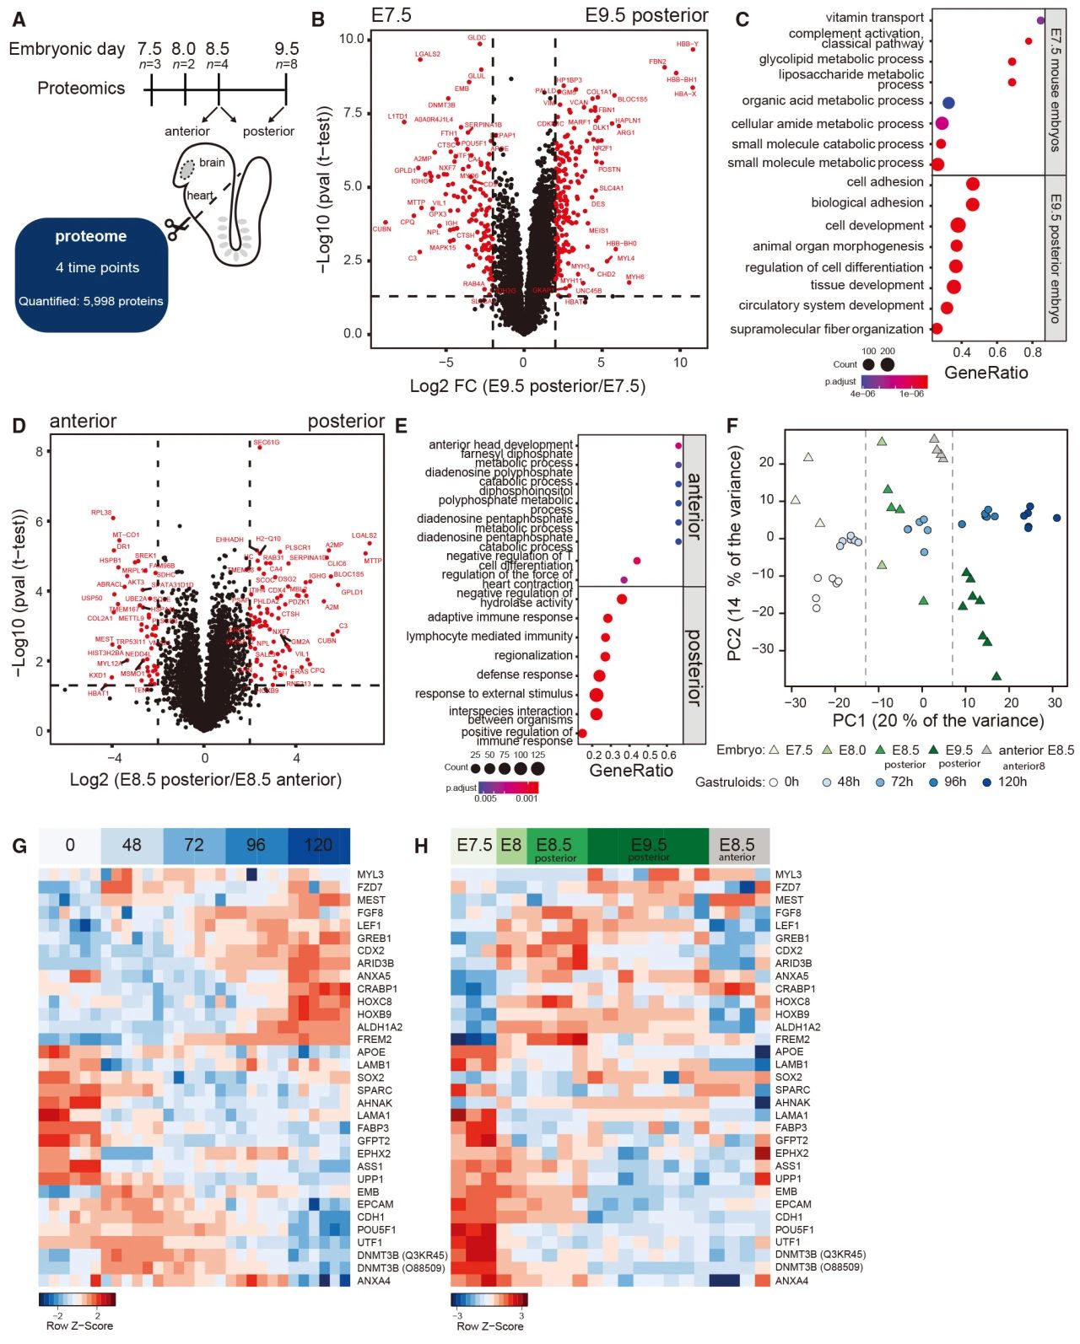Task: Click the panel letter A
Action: tap(19, 19)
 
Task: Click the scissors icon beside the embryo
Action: tap(176, 228)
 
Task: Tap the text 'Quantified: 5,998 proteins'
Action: tap(91, 300)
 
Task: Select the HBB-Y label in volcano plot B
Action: tap(687, 44)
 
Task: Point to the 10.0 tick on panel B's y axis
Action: tap(351, 39)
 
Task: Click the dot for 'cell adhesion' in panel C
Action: tap(972, 184)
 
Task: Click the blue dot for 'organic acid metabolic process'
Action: tap(948, 103)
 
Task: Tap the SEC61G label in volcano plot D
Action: tap(266, 442)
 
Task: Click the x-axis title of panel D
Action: tap(205, 779)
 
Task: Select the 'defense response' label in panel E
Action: tap(524, 675)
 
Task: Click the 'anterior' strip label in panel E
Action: tap(694, 506)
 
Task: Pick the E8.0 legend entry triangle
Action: tap(826, 750)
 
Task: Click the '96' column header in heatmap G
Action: tap(256, 845)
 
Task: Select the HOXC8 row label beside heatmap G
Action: tap(375, 1002)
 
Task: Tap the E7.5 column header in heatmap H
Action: tap(474, 845)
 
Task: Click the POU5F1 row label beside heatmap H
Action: tap(794, 1229)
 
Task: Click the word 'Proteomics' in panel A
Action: tap(81, 89)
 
